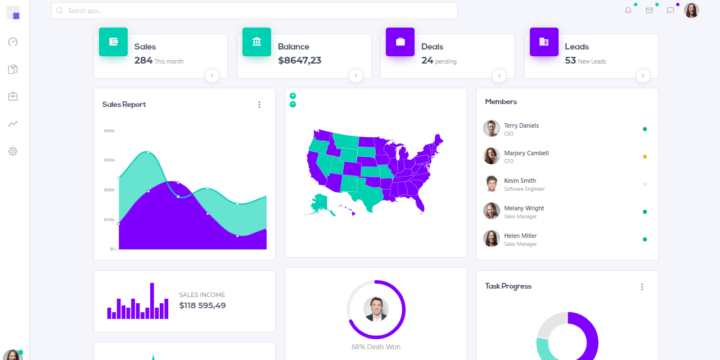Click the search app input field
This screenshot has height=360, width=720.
click(253, 11)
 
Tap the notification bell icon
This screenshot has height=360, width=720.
click(628, 11)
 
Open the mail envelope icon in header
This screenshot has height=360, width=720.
click(649, 11)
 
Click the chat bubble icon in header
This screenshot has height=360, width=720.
click(670, 11)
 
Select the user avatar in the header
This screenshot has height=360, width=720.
click(691, 11)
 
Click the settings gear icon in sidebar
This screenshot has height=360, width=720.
click(13, 151)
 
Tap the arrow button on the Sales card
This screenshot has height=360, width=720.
click(212, 75)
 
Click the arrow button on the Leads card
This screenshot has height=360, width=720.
click(643, 75)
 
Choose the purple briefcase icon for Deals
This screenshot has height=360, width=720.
click(400, 42)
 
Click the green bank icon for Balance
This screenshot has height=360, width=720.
click(256, 42)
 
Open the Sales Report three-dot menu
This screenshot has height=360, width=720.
click(259, 105)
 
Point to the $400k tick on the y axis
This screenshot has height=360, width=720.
click(109, 131)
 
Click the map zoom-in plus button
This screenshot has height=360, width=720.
click(292, 96)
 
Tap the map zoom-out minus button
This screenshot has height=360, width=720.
click(292, 104)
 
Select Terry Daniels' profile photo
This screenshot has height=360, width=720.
click(492, 128)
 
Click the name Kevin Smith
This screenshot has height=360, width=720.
click(520, 181)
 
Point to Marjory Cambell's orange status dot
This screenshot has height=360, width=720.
click(645, 156)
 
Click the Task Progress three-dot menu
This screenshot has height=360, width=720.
click(642, 287)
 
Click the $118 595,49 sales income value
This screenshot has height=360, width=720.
click(202, 305)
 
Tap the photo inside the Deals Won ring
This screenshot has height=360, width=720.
click(376, 309)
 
